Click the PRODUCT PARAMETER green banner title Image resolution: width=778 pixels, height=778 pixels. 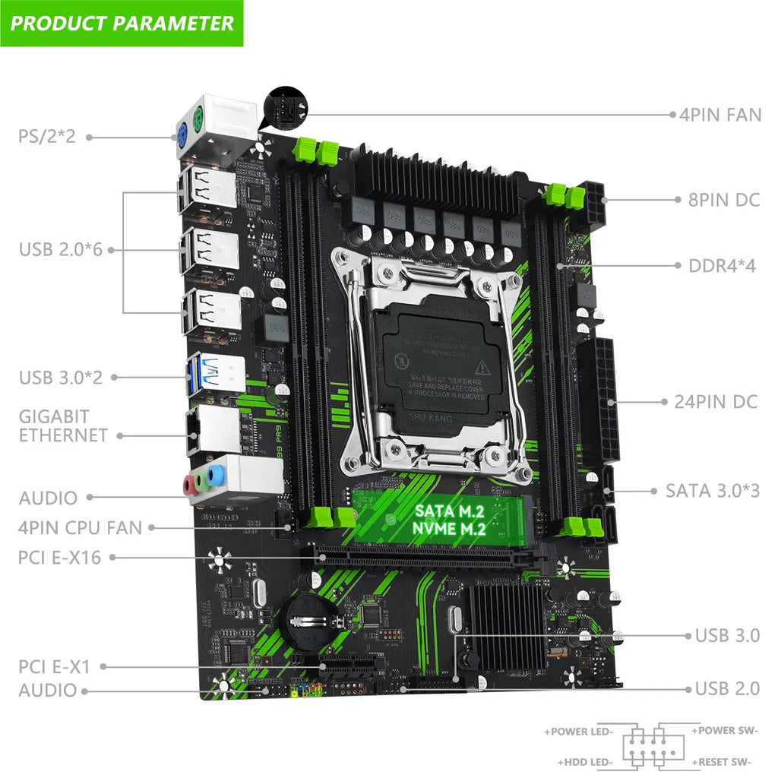(x=122, y=23)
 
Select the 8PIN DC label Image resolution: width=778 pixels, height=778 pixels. (x=718, y=200)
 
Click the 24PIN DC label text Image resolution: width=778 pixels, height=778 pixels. (x=716, y=401)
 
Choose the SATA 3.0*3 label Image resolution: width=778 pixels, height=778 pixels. (x=712, y=490)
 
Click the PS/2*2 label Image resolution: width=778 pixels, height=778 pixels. (x=46, y=138)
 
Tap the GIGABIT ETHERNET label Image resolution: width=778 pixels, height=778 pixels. (x=63, y=426)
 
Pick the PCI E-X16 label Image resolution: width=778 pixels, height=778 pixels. (x=59, y=557)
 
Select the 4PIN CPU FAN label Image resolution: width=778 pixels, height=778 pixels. (x=81, y=527)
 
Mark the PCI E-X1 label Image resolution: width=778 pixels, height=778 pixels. (x=55, y=667)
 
